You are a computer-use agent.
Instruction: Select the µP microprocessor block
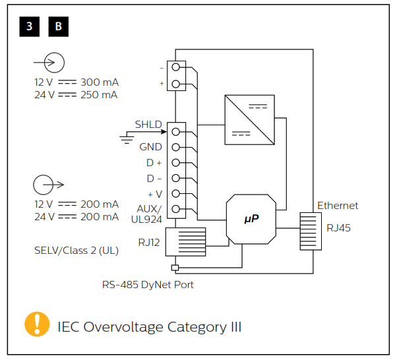click(251, 219)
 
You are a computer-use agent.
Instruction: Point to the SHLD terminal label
click(148, 125)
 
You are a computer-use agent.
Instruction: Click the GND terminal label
click(150, 146)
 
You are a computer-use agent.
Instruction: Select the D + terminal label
click(154, 162)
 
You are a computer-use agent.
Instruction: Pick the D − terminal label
click(154, 178)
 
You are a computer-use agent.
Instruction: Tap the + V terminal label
click(154, 194)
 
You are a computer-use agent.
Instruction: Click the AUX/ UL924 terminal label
click(148, 212)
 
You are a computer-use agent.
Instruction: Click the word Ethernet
click(338, 206)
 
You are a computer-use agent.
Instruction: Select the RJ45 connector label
click(340, 228)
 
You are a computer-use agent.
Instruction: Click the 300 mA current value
click(99, 83)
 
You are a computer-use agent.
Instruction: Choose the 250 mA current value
click(99, 95)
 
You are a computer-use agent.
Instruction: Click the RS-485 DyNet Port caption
click(147, 285)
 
